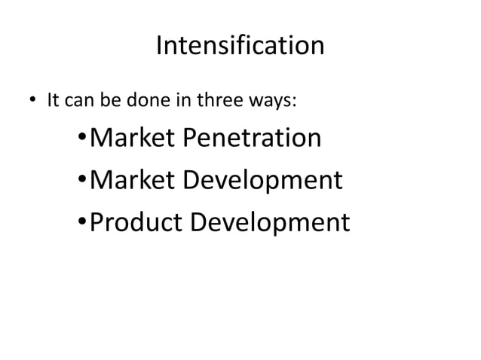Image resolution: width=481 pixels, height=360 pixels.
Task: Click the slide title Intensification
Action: click(240, 47)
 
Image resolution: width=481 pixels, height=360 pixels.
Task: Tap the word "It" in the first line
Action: click(53, 100)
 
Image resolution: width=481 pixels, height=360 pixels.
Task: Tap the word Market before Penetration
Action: click(133, 139)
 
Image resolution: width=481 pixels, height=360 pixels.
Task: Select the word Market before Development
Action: click(133, 181)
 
